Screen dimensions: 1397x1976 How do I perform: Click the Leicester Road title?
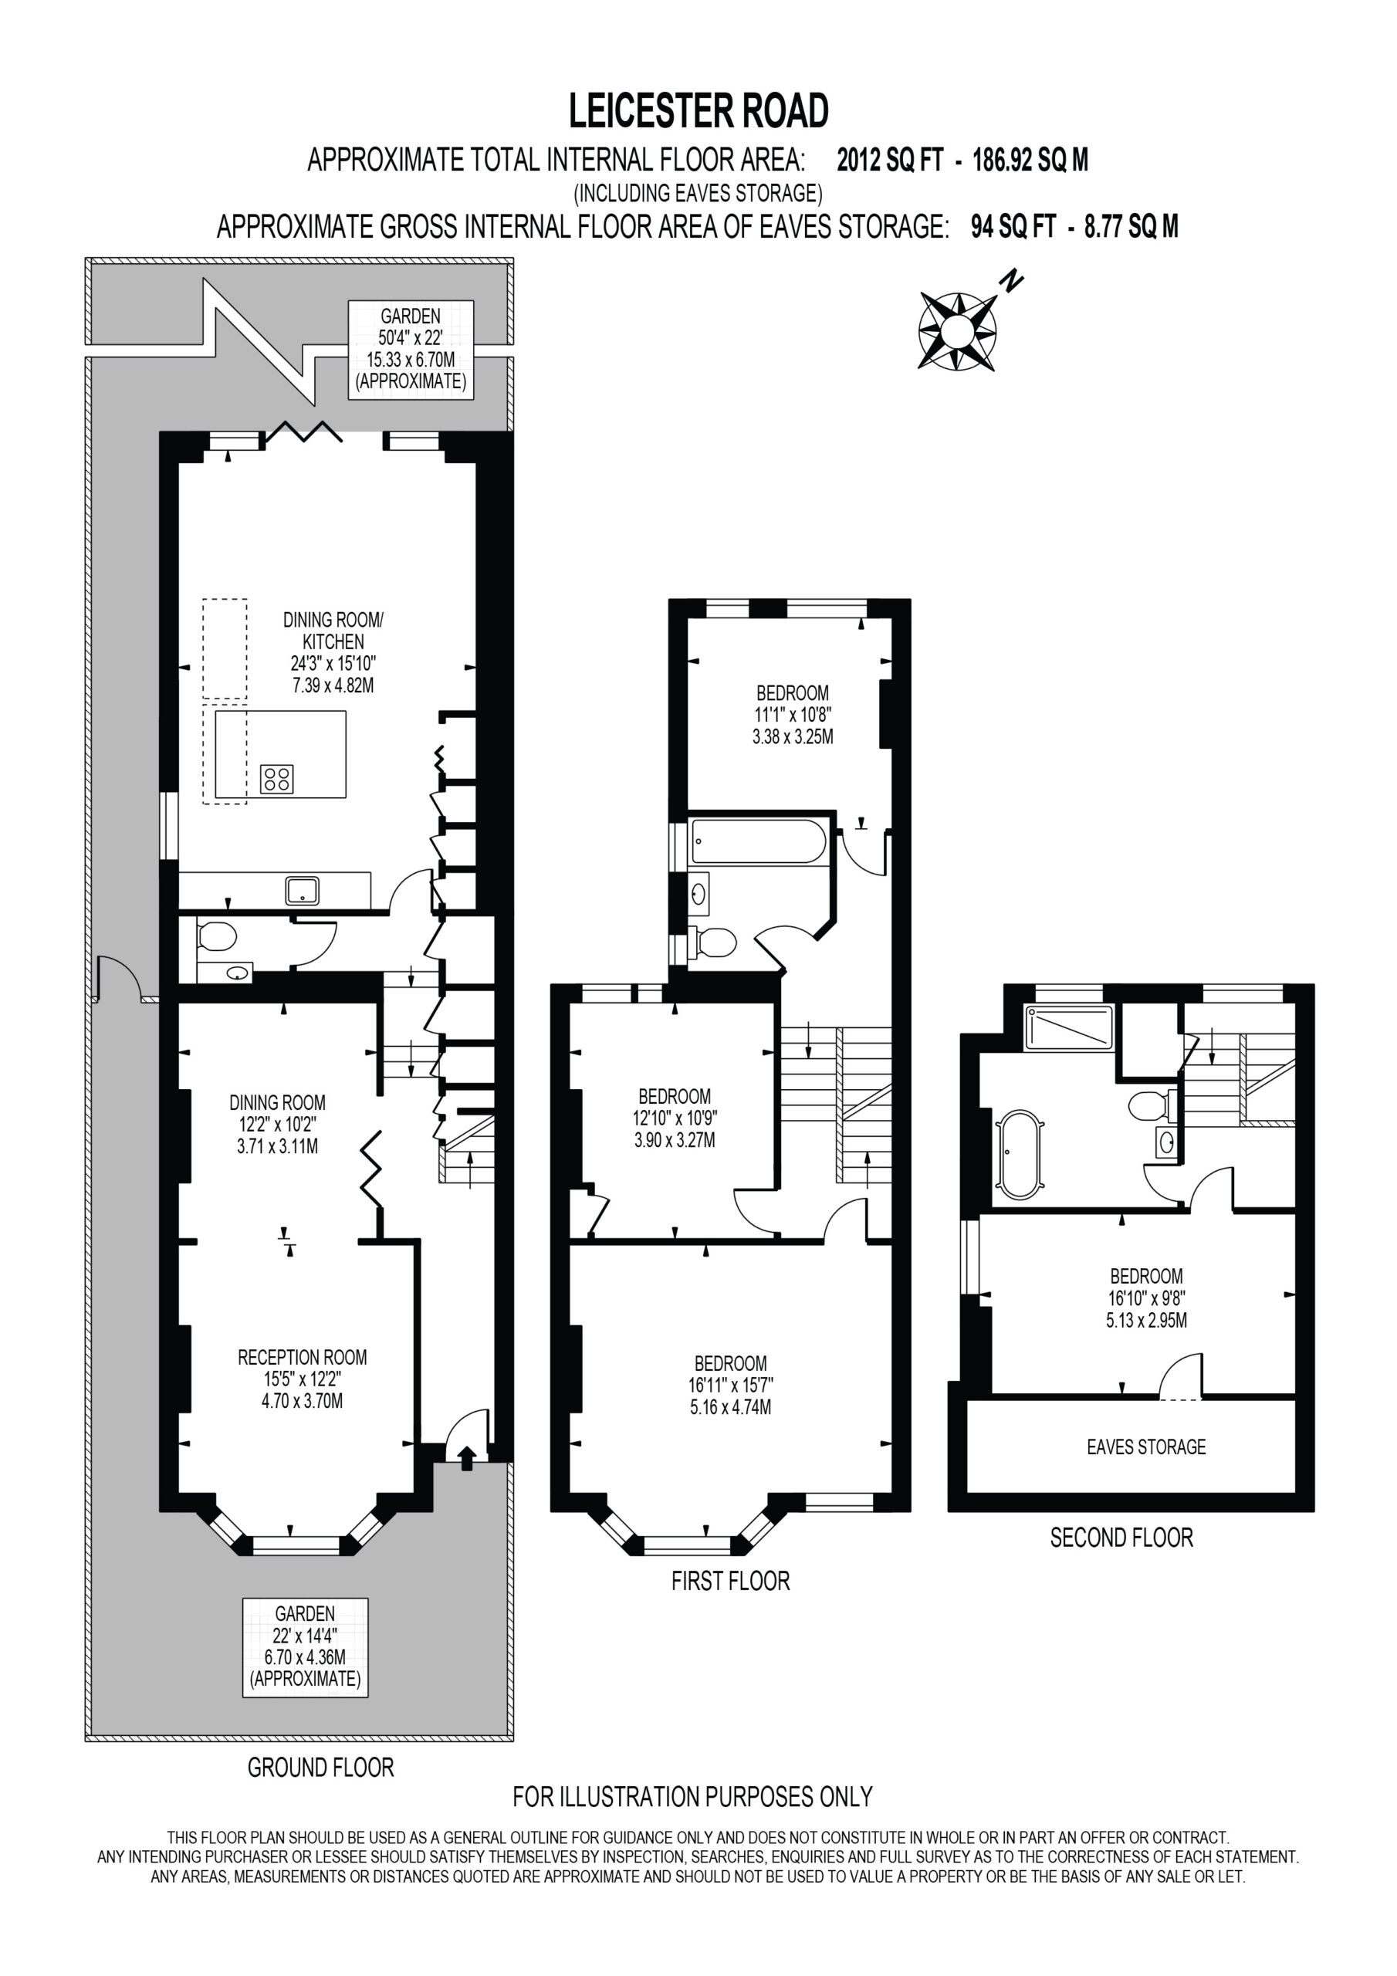(x=698, y=111)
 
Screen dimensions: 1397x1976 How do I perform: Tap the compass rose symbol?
(x=957, y=331)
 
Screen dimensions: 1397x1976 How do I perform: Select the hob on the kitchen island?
(x=277, y=779)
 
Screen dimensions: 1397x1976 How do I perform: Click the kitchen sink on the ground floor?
(x=302, y=891)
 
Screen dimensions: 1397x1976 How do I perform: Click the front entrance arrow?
(x=466, y=1458)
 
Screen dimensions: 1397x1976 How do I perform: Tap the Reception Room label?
(x=302, y=1357)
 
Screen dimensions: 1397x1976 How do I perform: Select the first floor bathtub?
(x=759, y=841)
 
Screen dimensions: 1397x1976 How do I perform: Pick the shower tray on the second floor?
(x=1068, y=1027)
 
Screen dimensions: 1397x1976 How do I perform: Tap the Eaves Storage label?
(x=1145, y=1446)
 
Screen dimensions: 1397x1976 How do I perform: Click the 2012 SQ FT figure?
(x=890, y=160)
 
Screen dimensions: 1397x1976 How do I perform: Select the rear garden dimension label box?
(x=411, y=350)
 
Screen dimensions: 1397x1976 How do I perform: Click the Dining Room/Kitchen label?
(x=333, y=630)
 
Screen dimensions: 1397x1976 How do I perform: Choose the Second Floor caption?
(x=1121, y=1537)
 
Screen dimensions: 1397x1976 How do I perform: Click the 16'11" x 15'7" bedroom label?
(x=731, y=1385)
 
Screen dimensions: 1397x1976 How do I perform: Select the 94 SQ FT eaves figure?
(x=1013, y=226)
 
